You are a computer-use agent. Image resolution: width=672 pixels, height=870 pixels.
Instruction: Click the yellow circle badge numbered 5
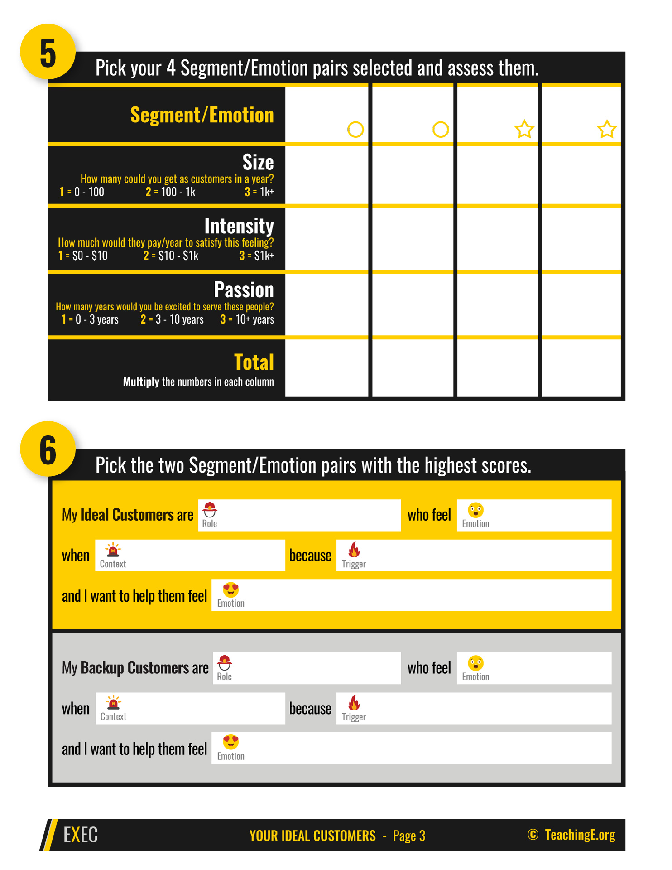tap(48, 52)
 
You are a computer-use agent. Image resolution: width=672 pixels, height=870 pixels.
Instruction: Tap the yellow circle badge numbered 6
tap(48, 449)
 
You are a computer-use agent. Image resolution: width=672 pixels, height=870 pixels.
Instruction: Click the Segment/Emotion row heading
tap(202, 115)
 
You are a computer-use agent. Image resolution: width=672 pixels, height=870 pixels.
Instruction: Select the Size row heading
tap(258, 162)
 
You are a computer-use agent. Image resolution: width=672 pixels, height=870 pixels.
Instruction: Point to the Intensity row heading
tap(239, 226)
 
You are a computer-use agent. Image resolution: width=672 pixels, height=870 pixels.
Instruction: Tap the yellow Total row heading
tap(254, 362)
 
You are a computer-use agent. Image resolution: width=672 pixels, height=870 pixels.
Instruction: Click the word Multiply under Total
tap(141, 382)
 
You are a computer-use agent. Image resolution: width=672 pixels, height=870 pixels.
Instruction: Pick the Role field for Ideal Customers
tap(299, 515)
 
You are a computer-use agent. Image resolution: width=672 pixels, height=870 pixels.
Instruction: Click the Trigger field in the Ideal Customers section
tap(473, 555)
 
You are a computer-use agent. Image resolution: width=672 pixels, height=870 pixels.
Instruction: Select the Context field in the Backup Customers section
tap(190, 708)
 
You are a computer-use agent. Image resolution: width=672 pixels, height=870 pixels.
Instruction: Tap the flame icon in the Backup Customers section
tap(354, 703)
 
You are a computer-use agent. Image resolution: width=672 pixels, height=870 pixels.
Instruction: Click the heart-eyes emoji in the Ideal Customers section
tap(230, 590)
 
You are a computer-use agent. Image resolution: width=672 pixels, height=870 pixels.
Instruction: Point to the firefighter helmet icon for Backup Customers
tap(224, 663)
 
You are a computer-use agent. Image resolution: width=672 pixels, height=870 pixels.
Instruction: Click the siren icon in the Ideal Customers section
tap(113, 550)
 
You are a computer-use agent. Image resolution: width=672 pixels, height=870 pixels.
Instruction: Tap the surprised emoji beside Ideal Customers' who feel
tap(475, 510)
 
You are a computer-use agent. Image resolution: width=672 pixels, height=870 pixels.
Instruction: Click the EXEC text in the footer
tap(80, 835)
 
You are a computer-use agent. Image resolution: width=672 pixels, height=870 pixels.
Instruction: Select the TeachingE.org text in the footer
tap(580, 835)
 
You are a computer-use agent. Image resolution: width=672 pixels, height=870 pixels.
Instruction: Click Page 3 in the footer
tap(409, 836)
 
